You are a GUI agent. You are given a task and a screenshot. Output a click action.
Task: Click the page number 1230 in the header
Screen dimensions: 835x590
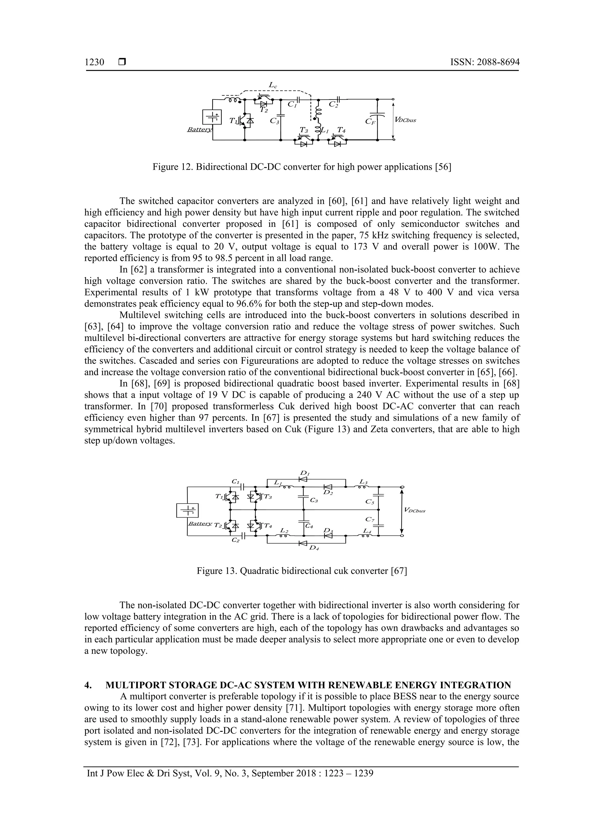click(x=94, y=62)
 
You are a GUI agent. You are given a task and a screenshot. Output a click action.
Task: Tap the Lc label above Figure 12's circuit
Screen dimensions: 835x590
click(x=273, y=85)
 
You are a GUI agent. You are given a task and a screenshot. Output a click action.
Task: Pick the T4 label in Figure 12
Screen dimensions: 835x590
click(x=341, y=130)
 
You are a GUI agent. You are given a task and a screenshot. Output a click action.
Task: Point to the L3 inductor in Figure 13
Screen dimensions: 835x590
click(x=364, y=486)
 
